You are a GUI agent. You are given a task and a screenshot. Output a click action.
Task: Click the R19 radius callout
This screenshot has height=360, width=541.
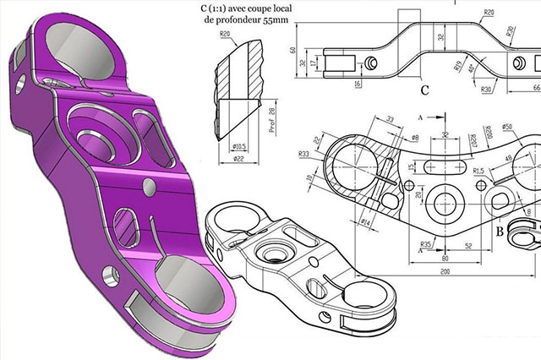coord(456,66)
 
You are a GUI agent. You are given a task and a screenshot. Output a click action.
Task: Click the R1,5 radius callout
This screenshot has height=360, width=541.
coord(478,170)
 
